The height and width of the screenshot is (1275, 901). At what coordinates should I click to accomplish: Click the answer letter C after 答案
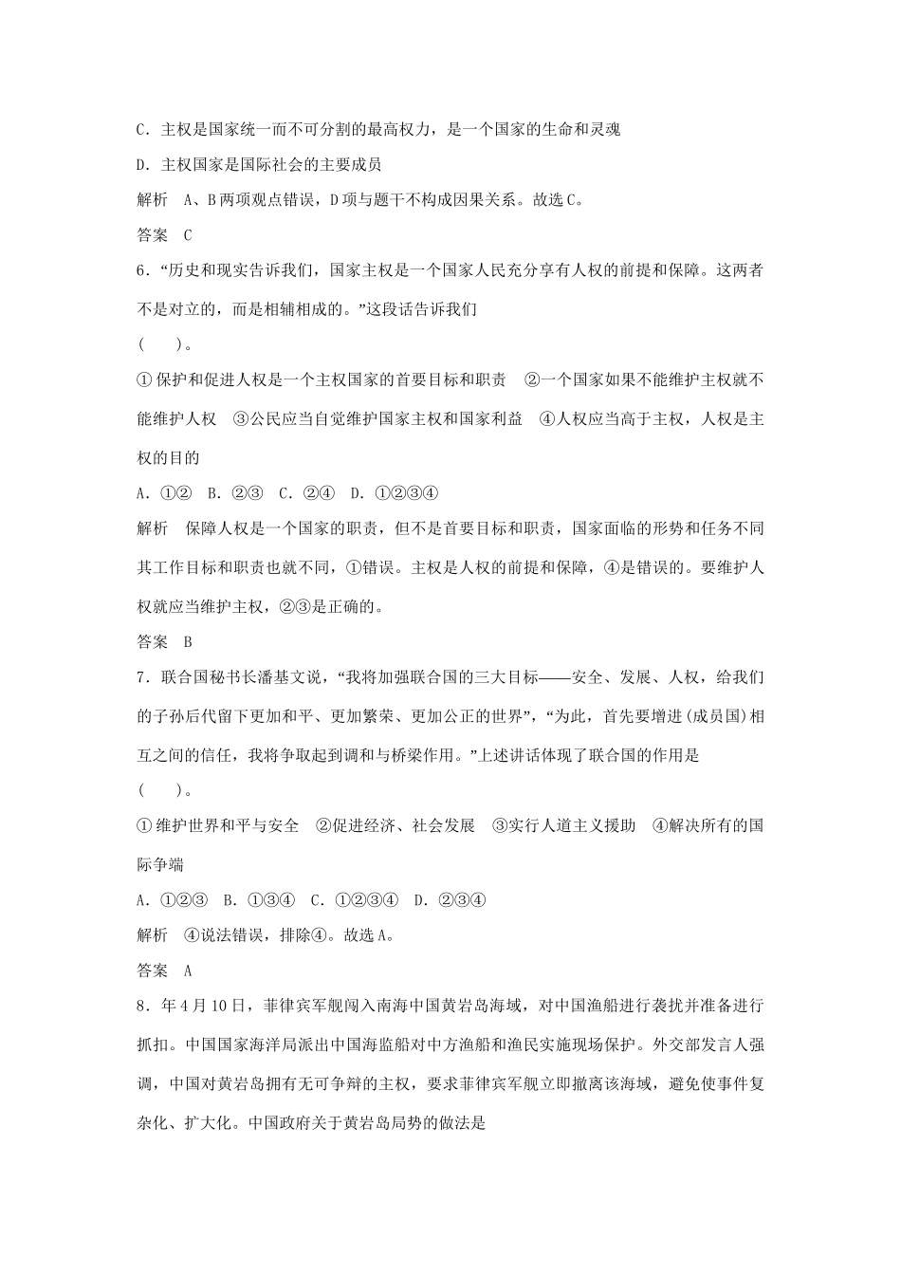point(188,235)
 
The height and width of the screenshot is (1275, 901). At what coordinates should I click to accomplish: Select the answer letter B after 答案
point(188,641)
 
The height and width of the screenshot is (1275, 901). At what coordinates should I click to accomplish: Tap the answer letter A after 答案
point(188,970)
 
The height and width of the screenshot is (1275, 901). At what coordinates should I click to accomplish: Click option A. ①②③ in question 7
point(172,900)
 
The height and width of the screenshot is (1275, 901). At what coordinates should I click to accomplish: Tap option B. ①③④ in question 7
point(260,900)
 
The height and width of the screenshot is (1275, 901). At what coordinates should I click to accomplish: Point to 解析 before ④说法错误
point(153,935)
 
